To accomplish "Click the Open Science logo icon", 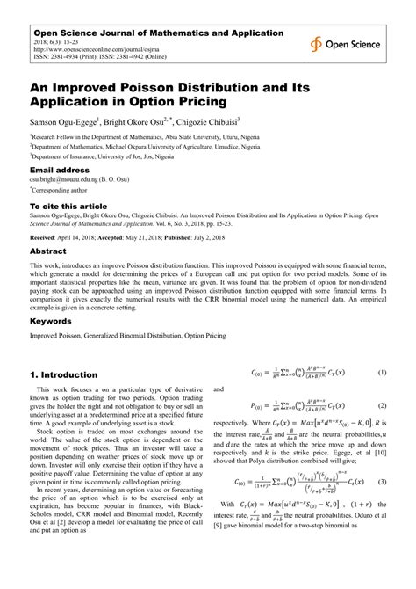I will (315, 44).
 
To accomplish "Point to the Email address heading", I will (61, 169).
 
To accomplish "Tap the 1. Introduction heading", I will (71, 374).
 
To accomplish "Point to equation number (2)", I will (382, 407).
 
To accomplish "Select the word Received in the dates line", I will (47, 237).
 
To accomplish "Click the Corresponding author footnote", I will (61, 189).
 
